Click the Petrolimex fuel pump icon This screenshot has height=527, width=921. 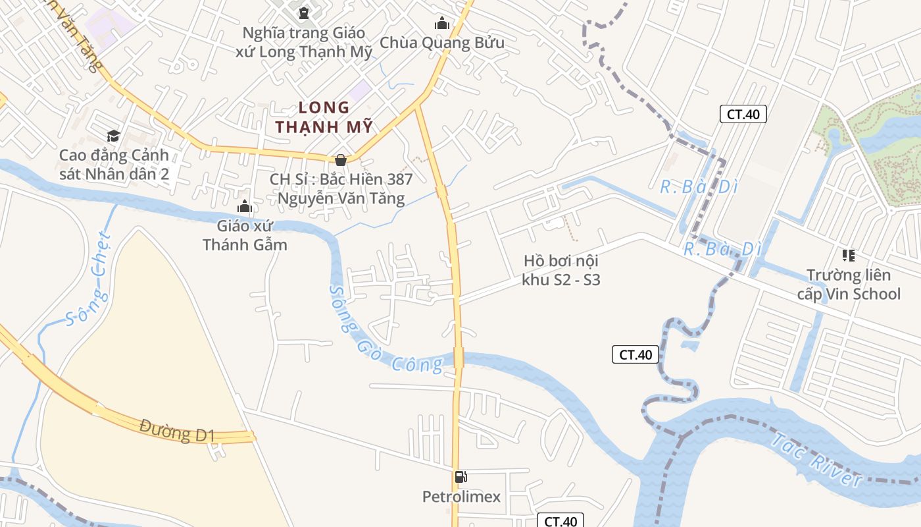tap(461, 477)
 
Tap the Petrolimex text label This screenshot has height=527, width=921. tap(461, 497)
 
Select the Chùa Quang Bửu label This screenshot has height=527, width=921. tap(442, 43)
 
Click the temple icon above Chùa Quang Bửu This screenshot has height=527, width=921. tap(442, 24)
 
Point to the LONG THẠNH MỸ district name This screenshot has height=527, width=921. tap(324, 117)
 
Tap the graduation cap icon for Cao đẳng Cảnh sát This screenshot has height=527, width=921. tap(114, 136)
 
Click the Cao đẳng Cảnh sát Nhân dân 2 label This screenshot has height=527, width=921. tap(114, 165)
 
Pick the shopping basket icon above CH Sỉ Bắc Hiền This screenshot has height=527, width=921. tap(341, 160)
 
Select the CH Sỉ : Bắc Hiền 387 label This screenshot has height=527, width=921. tap(341, 188)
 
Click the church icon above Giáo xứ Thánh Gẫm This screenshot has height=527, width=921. tap(245, 207)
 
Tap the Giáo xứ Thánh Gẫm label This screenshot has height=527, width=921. tap(245, 235)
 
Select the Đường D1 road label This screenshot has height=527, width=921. tap(178, 431)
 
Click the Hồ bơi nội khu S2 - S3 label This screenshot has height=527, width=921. tap(561, 270)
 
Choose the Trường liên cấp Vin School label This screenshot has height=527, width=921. tap(849, 284)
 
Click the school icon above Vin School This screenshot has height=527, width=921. tap(849, 256)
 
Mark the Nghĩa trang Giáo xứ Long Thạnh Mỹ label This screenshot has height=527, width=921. tap(304, 42)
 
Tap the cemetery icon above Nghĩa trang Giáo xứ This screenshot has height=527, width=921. tap(304, 13)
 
